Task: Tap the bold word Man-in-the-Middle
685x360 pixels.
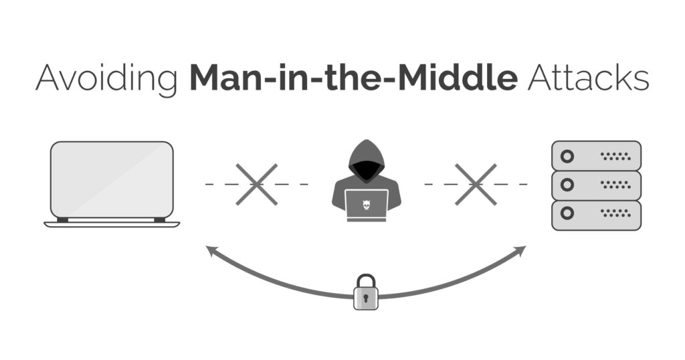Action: point(354,77)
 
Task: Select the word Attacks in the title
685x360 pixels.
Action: point(589,78)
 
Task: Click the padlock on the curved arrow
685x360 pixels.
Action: point(366,292)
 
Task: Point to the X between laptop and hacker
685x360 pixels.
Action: point(256,185)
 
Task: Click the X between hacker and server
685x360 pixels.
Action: point(476,185)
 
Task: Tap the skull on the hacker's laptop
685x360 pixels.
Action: point(367,205)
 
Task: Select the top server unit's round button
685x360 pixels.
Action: point(567,156)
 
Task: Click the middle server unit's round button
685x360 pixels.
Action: point(567,185)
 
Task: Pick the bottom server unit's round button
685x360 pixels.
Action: point(567,213)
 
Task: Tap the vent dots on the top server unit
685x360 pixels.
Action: point(615,156)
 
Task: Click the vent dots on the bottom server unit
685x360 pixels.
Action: point(615,213)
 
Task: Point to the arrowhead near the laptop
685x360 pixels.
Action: point(212,250)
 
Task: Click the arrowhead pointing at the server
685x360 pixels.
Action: point(520,250)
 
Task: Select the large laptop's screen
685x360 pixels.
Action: point(112,179)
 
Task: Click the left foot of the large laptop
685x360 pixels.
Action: point(62,219)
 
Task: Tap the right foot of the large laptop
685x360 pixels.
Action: point(160,219)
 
